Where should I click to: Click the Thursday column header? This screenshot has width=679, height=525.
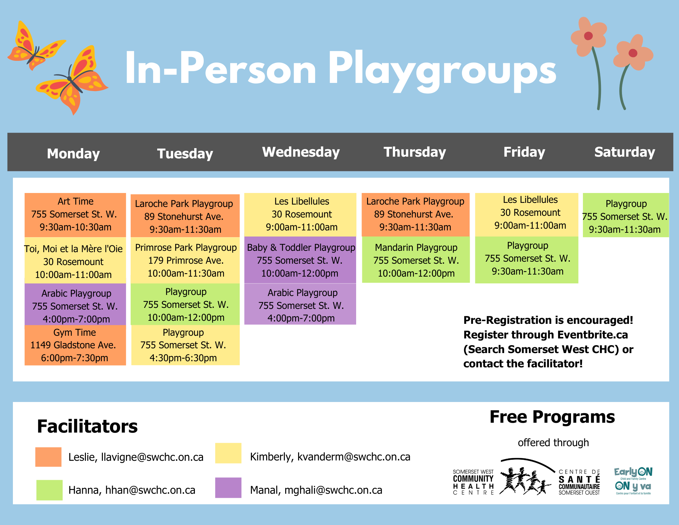(x=415, y=152)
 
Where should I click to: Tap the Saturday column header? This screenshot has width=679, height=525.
(x=624, y=152)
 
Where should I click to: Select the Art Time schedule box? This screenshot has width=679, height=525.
(x=75, y=214)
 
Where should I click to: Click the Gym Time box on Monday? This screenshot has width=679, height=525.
(x=75, y=345)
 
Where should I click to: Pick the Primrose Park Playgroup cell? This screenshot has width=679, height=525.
(x=185, y=260)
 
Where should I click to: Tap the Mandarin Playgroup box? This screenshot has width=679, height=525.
(x=416, y=260)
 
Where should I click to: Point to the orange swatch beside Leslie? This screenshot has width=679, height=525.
(x=49, y=457)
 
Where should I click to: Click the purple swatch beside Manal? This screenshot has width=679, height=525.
(x=228, y=488)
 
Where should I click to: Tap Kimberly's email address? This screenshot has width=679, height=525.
(x=354, y=457)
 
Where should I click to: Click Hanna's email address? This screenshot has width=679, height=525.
(x=150, y=490)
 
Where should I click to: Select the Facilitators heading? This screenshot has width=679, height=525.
(x=87, y=426)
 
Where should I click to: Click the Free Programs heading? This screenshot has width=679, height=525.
(x=552, y=417)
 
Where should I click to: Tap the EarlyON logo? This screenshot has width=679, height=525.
(x=633, y=480)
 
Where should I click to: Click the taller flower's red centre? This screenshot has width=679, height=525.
(x=588, y=36)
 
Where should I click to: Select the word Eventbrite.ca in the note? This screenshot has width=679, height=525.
(x=592, y=335)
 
